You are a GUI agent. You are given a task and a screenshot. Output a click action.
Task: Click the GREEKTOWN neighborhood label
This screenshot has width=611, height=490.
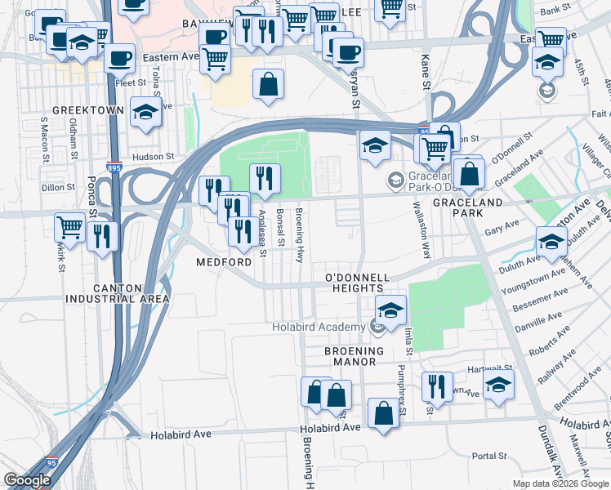[87, 110]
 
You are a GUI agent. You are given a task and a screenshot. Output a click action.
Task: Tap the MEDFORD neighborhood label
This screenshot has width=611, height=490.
[224, 263]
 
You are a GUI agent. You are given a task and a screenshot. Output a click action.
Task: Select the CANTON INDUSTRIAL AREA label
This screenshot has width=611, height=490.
[119, 294]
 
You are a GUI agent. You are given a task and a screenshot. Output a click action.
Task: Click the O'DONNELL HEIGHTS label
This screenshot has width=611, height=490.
[355, 283]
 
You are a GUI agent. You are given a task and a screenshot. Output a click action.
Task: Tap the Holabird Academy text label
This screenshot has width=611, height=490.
[318, 328]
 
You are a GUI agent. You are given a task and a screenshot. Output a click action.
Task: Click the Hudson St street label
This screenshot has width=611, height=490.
[154, 156]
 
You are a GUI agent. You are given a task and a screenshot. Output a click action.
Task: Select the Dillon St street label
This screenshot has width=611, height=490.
[57, 187]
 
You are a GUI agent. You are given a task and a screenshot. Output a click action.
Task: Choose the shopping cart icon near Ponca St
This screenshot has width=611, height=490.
[69, 226]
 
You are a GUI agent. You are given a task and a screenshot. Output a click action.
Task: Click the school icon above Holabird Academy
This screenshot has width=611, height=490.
[391, 310]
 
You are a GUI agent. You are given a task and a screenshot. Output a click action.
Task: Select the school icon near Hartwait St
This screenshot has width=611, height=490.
[498, 385]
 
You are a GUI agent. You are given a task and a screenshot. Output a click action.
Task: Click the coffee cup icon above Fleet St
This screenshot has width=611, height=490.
[119, 58]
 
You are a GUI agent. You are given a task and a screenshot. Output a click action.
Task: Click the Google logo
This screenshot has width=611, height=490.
[27, 480]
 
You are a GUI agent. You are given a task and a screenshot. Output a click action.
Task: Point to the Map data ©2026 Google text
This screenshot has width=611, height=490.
[560, 483]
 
